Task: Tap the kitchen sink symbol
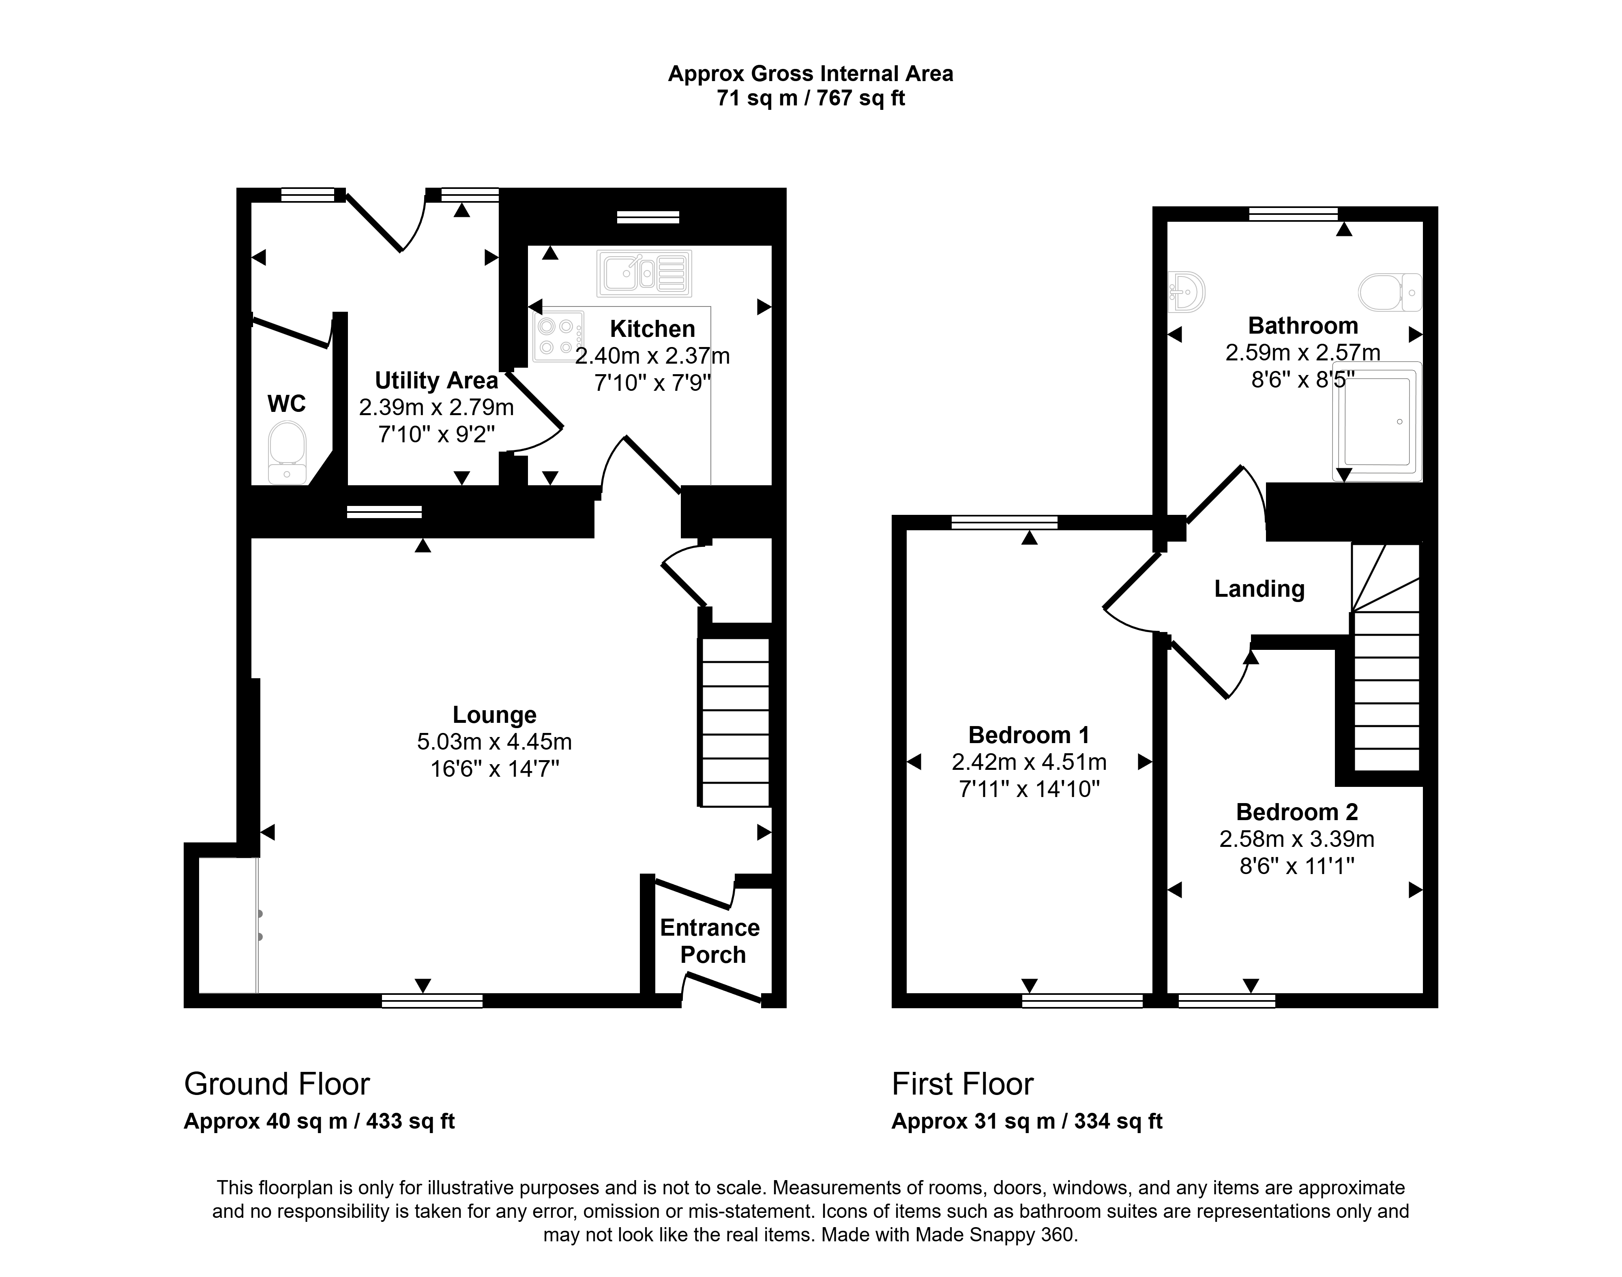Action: pyautogui.click(x=644, y=273)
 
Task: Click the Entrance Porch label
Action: pyautogui.click(x=710, y=941)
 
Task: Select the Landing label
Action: pyautogui.click(x=1259, y=589)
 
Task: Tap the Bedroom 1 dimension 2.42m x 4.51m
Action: pyautogui.click(x=1029, y=762)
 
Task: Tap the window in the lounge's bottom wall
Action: pyautogui.click(x=432, y=1001)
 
